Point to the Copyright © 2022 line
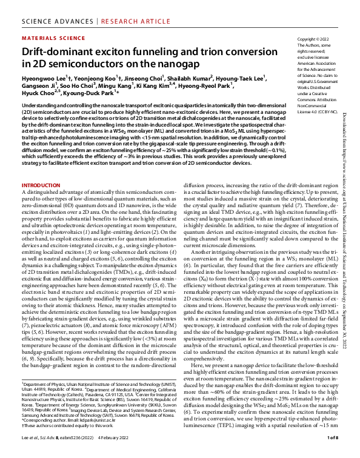313,38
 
